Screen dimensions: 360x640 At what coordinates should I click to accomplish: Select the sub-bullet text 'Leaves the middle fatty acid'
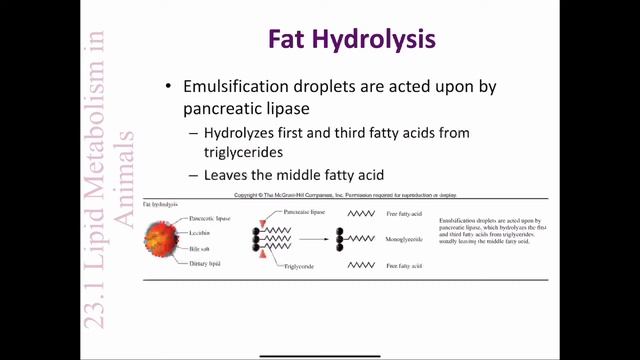294,174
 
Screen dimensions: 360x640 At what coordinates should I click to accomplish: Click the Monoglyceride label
407,240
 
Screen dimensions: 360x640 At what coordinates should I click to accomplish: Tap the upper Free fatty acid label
406,214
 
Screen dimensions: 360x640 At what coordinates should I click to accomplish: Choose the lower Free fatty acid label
406,266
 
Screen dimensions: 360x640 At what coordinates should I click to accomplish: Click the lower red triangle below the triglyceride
260,260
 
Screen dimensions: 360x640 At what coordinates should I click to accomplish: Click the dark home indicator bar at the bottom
319,353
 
